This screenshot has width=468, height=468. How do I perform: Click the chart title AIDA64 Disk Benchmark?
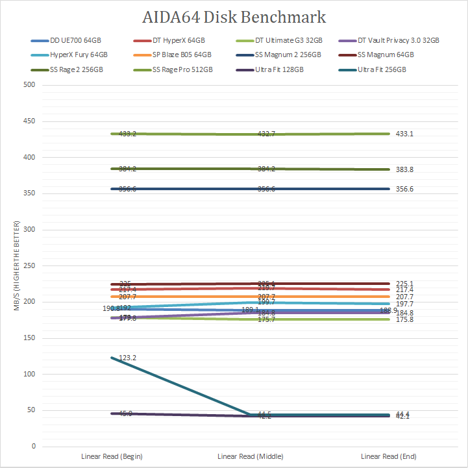(234, 16)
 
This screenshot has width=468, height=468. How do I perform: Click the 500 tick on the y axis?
(29, 85)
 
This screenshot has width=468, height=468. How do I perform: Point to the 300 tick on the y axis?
(29, 230)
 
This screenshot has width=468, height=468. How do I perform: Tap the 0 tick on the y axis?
(32, 447)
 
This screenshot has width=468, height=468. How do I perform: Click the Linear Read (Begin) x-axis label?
(112, 456)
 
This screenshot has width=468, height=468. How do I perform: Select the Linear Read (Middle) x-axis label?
(250, 456)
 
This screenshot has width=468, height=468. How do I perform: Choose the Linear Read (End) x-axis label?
(388, 456)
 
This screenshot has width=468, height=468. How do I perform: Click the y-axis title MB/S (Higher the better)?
(17, 266)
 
